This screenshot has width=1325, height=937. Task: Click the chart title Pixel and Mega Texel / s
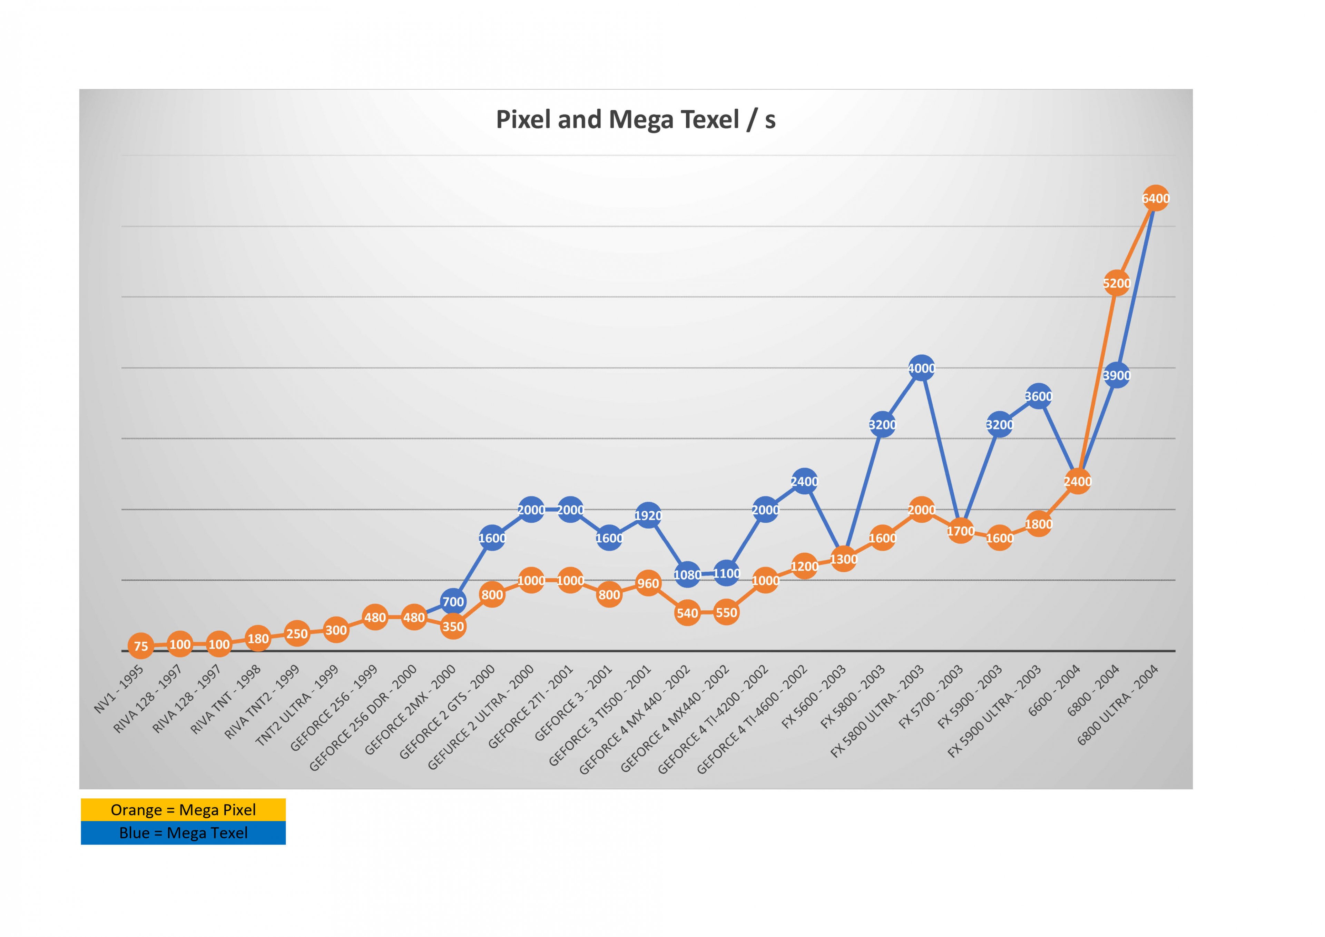[x=635, y=119]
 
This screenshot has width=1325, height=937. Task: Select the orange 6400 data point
[x=1155, y=198]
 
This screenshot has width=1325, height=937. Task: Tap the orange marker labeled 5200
[x=1116, y=283]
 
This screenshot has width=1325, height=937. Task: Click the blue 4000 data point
[x=922, y=368]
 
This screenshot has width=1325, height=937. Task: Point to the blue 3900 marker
[x=1116, y=376]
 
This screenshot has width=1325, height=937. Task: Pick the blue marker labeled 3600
[x=1038, y=396]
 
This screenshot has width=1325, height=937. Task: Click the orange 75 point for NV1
[x=141, y=646]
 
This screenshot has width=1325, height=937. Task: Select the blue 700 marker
[x=453, y=602]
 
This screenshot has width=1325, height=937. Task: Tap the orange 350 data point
[x=453, y=627]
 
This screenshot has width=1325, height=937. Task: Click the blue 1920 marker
[x=648, y=515]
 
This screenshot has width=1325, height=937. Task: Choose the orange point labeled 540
[x=687, y=613]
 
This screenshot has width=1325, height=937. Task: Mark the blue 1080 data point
[x=687, y=575]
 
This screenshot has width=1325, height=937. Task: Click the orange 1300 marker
[x=844, y=559]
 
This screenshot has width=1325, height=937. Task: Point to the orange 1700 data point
[x=961, y=531]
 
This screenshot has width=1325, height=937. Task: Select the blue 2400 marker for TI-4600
[x=804, y=481]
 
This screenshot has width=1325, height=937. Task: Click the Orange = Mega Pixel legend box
[x=183, y=809]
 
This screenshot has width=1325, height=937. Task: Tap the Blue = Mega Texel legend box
[x=183, y=832]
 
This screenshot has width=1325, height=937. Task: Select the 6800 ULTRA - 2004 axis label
[x=1118, y=705]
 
